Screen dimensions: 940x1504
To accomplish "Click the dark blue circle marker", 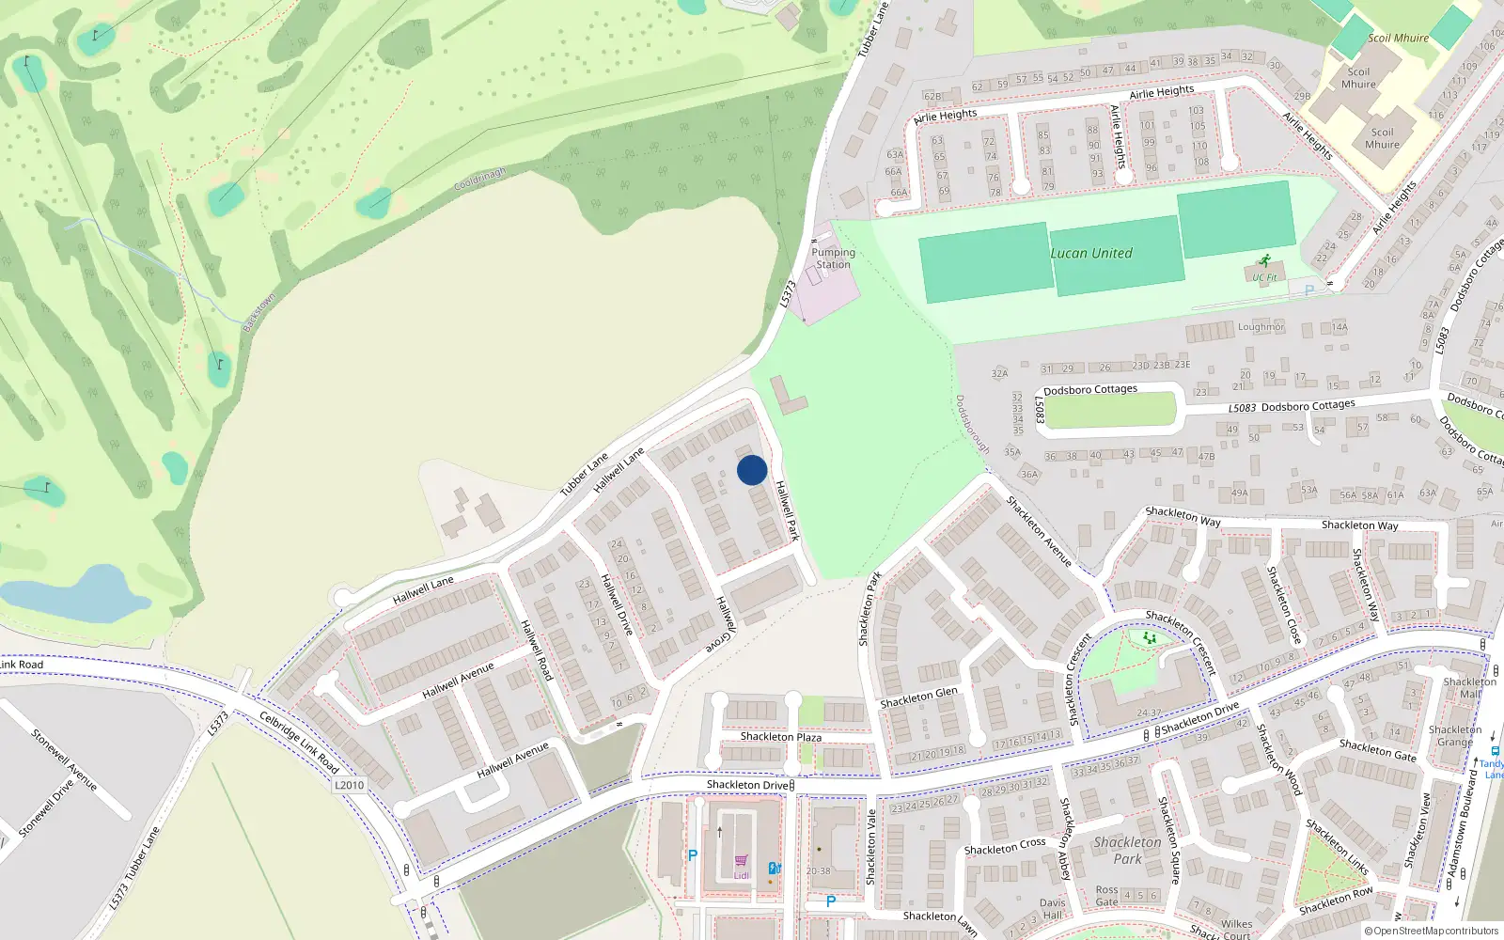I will coord(752,470).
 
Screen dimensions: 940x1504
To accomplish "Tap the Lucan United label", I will coord(1091,253).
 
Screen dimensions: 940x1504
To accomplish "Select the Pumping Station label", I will coord(833,258).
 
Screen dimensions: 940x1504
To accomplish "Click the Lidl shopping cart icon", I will coord(742,860).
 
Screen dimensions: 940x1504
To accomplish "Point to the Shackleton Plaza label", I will coord(780,736).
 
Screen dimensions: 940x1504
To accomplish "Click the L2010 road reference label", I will coord(349,785).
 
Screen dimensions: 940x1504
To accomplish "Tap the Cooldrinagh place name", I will coord(479,179).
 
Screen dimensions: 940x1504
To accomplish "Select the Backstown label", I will coord(258,312).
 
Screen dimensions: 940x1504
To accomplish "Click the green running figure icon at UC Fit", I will coord(1264,261).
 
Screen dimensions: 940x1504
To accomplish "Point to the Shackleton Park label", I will coord(1127,850).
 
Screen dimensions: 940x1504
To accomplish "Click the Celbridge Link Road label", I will coord(299,743).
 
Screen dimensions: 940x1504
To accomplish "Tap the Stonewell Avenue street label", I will coord(64,760).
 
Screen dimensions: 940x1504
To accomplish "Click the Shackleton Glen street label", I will coord(918,697).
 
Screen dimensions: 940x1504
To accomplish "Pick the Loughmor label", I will coord(1261,327).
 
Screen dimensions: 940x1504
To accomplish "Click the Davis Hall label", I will coord(1052,909).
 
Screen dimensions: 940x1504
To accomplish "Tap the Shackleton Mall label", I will coord(1469,688).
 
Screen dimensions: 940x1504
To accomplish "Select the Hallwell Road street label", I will coord(537,650).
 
